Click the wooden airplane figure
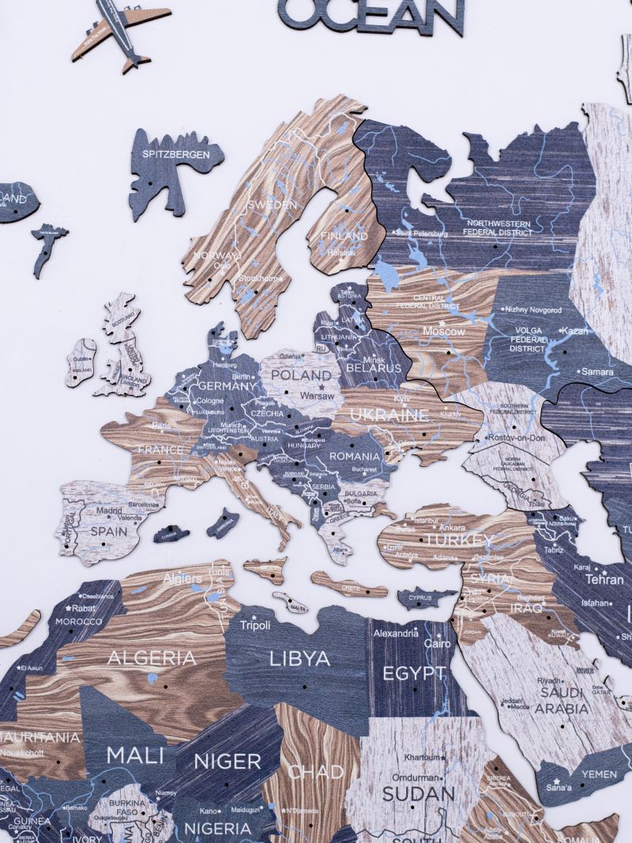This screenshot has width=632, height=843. point(121,32)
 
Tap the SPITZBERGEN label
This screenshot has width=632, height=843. point(177,155)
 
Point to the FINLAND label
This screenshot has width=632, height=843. point(344,235)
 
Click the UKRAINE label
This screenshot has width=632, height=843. point(378,415)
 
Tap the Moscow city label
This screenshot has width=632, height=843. point(443,331)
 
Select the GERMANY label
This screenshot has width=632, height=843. point(227,386)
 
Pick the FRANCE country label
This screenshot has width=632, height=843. point(161,450)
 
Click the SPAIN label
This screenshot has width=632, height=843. point(109,532)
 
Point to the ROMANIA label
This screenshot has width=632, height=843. point(355,456)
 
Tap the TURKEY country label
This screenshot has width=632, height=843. point(460,540)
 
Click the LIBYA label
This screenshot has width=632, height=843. point(299,658)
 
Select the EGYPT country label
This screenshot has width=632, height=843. point(414,673)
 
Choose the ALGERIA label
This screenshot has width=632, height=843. point(152,657)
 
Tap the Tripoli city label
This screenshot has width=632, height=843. point(256,625)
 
